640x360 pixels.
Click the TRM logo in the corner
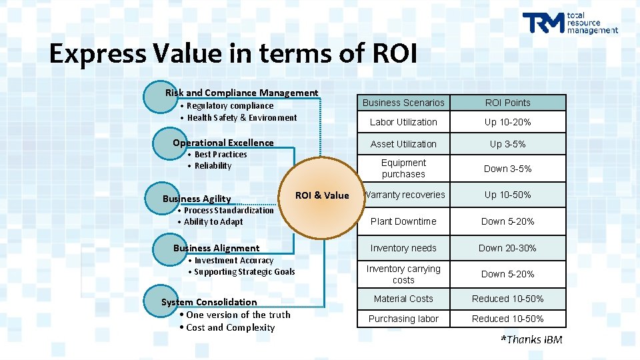(x=570, y=23)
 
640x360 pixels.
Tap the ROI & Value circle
(x=322, y=195)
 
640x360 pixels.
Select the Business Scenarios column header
(x=403, y=103)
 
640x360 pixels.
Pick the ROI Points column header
(x=508, y=103)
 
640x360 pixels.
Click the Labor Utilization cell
(x=403, y=122)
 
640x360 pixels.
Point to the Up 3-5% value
(x=508, y=144)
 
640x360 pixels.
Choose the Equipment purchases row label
(x=403, y=168)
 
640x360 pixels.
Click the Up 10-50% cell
(x=508, y=195)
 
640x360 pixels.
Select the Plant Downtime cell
(x=403, y=221)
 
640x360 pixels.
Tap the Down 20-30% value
(x=508, y=248)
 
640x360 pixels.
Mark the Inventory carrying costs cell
(x=403, y=274)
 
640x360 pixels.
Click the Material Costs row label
(x=403, y=299)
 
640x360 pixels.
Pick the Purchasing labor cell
(x=403, y=319)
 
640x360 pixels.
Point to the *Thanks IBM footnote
(x=531, y=340)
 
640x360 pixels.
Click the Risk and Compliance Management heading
(x=241, y=93)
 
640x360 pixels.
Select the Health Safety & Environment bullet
(x=242, y=118)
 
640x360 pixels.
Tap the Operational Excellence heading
(x=223, y=143)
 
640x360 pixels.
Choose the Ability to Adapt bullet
(x=213, y=222)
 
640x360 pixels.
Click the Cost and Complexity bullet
(x=230, y=327)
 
